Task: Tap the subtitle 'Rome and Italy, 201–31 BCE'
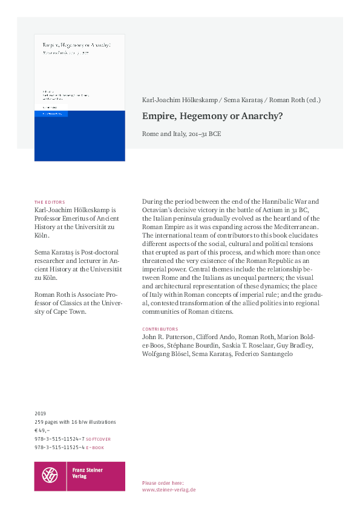[182, 133]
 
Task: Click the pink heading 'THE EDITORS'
[50, 202]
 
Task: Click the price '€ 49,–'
[44, 430]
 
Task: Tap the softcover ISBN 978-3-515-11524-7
[59, 439]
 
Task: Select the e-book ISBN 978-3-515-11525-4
[59, 447]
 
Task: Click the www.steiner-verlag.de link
[169, 490]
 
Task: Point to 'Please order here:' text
[163, 483]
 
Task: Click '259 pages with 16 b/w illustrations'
[75, 422]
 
